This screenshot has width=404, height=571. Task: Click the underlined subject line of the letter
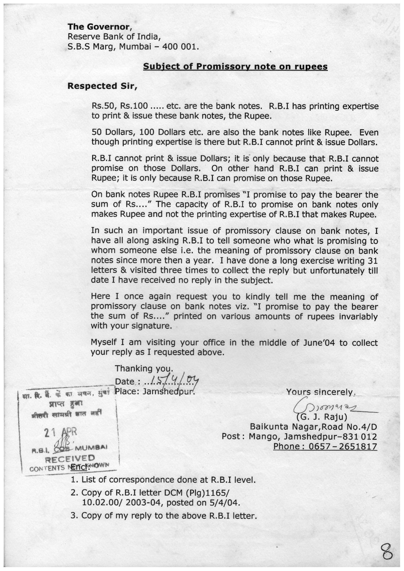(235, 66)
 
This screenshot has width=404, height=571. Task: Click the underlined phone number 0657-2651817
(325, 446)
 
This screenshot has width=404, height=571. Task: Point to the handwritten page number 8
(387, 553)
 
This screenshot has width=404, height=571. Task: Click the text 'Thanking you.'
(144, 369)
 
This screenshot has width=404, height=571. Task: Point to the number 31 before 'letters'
(371, 260)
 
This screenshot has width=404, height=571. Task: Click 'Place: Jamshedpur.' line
(154, 391)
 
